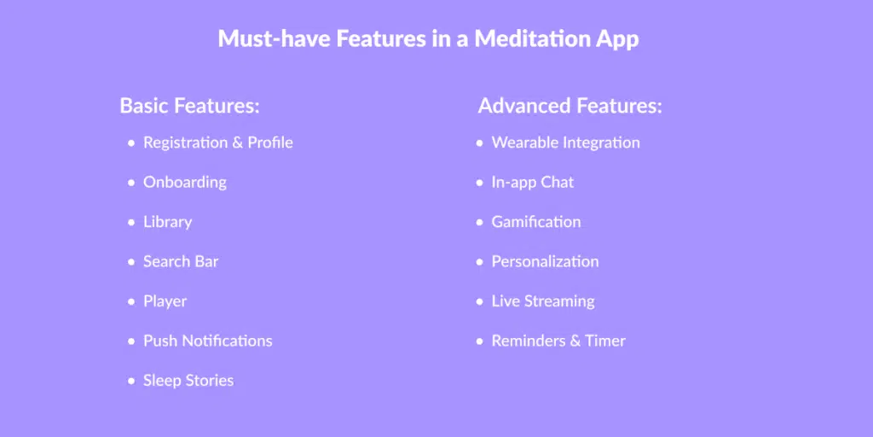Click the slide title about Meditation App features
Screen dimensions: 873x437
(428, 39)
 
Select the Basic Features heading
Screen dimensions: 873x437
(190, 105)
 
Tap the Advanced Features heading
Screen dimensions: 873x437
(570, 105)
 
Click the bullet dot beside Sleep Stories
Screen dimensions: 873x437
(131, 382)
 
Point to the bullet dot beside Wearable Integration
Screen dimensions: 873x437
(480, 143)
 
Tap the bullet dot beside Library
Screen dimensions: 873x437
(131, 223)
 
